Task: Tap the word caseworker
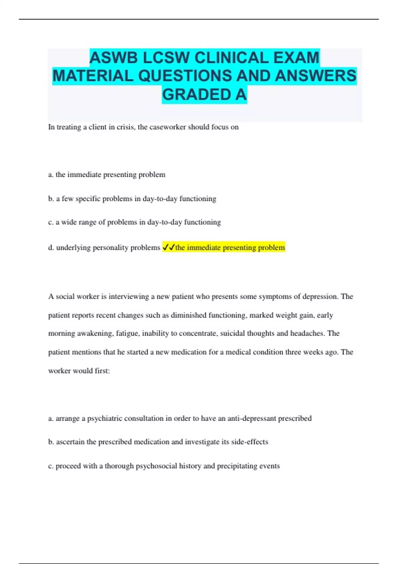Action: click(167, 127)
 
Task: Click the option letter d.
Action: click(51, 247)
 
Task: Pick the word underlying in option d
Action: click(72, 248)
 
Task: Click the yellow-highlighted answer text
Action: click(230, 247)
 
